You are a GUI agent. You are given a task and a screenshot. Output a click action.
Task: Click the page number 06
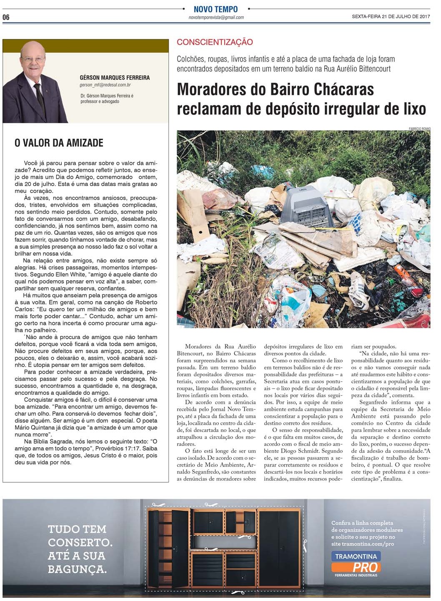(x=6, y=17)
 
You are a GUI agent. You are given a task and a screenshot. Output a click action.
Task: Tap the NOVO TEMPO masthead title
(x=215, y=9)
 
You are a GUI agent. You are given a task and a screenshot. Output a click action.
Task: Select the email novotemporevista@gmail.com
(x=216, y=17)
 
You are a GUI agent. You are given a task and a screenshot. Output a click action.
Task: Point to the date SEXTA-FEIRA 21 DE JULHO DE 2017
(x=391, y=17)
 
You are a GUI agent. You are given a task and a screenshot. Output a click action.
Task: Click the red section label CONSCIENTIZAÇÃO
(x=215, y=42)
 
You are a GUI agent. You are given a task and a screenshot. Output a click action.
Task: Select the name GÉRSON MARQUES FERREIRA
(x=115, y=77)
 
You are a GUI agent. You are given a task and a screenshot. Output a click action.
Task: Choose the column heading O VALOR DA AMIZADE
(x=59, y=143)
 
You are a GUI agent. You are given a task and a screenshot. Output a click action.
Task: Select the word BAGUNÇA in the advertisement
(x=77, y=569)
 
